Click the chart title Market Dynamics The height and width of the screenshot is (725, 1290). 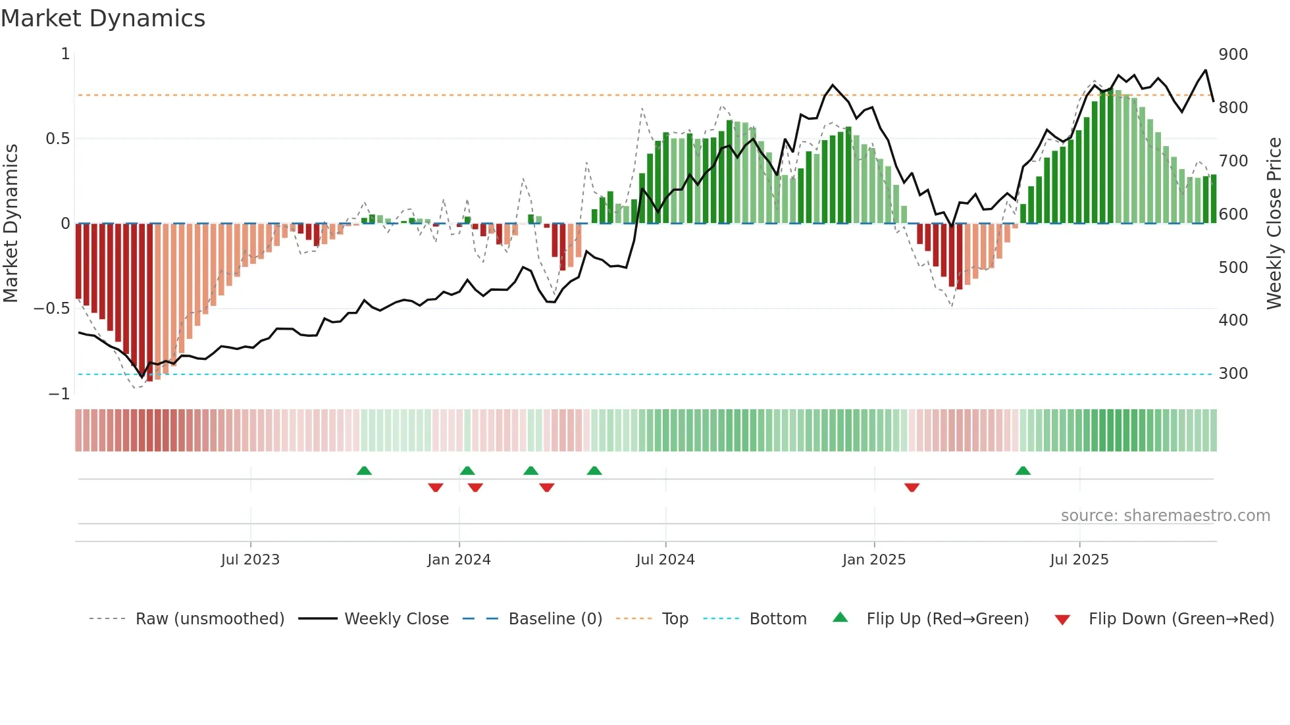103,18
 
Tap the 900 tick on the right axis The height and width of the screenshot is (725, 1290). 1233,55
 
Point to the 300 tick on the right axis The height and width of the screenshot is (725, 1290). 1233,374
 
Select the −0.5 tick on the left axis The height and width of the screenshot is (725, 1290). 51,309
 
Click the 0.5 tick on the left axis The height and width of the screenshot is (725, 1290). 57,139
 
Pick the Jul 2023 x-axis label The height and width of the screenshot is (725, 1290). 250,560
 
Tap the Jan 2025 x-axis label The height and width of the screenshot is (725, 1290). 873,560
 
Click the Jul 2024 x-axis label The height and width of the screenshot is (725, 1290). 665,560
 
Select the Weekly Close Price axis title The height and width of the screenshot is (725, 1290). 1274,224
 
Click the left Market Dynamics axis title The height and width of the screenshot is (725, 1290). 11,224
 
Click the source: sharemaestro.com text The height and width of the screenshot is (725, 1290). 1165,516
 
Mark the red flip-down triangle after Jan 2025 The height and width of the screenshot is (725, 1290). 912,488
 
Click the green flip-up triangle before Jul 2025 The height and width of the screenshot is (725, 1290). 1023,470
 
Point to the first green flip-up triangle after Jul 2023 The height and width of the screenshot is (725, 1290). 364,470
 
